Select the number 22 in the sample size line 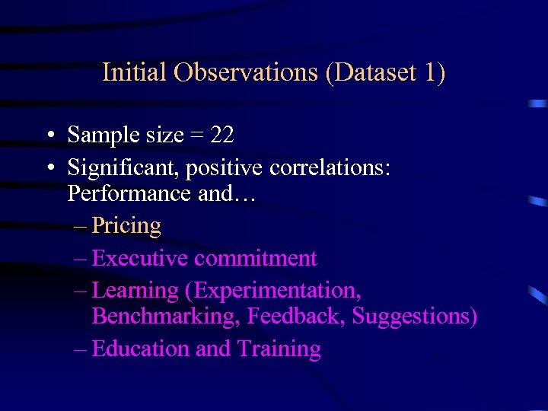[221, 135]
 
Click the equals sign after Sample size [196, 136]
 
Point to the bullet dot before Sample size [48, 136]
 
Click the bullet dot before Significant [48, 167]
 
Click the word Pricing [126, 226]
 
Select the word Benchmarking [163, 316]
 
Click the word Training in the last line [279, 349]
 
